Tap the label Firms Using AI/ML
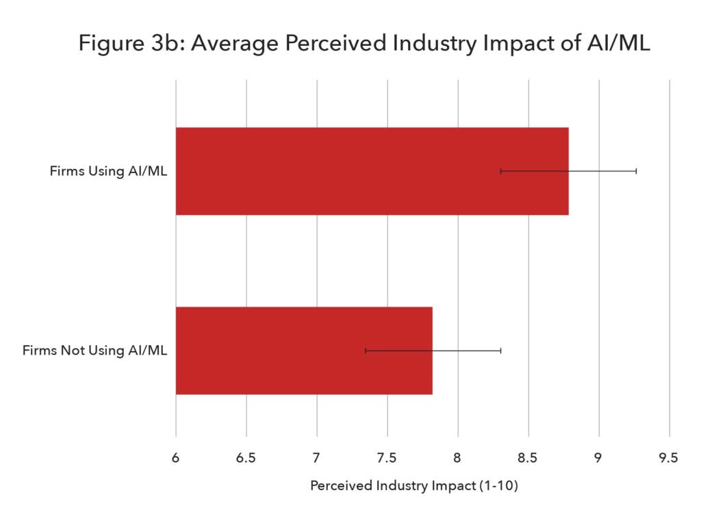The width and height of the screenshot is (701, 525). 108,171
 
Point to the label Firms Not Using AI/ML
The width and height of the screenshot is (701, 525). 94,350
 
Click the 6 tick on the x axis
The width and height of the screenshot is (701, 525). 176,458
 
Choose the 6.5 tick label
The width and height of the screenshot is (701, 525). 246,458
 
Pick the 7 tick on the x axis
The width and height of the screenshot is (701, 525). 317,458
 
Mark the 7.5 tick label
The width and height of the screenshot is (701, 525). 387,458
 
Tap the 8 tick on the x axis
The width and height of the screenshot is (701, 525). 458,458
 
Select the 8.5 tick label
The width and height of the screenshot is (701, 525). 528,458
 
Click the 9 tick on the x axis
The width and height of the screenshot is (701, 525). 599,458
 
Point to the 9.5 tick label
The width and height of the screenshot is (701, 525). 669,458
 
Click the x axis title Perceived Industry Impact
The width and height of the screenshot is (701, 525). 413,487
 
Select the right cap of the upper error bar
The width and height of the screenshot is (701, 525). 636,171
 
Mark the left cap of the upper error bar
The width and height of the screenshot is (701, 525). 501,171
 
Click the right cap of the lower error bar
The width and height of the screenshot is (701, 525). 501,350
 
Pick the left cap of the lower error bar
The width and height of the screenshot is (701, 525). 366,350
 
